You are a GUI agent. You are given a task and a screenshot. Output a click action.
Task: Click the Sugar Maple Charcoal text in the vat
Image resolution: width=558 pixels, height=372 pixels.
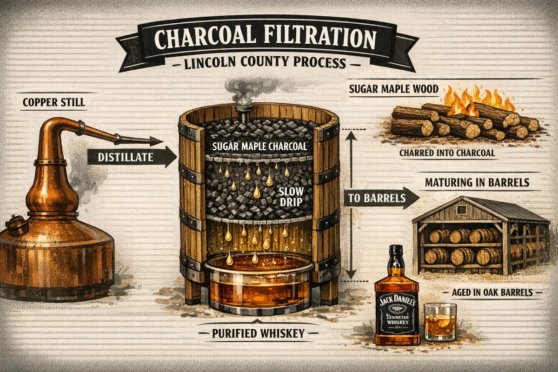[259, 146]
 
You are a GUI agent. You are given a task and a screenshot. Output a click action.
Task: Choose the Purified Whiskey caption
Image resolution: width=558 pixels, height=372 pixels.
[259, 333]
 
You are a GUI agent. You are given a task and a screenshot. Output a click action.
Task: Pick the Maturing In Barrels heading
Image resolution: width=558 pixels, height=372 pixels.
[477, 183]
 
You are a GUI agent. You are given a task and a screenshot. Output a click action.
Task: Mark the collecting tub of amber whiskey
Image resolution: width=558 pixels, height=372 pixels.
[259, 284]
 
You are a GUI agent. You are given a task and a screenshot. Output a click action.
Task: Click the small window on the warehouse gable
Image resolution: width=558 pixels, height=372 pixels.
[462, 209]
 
